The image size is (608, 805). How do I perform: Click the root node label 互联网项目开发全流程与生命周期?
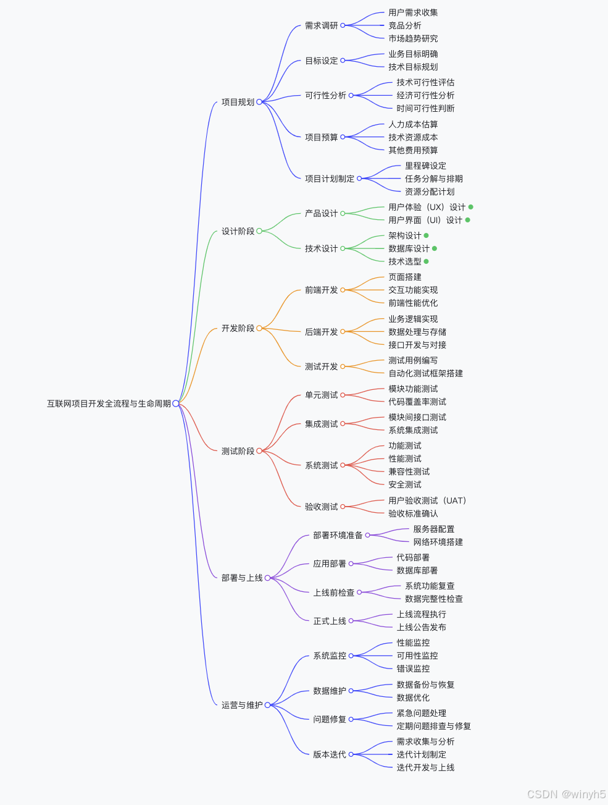pos(109,403)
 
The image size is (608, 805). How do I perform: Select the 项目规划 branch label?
pos(238,102)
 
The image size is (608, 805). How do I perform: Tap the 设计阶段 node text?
pos(238,231)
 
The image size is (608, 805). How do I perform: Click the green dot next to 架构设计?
pos(426,235)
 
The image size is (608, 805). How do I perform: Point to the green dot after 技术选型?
pos(426,261)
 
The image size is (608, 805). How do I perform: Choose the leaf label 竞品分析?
pos(404,25)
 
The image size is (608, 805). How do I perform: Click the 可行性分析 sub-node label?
pos(325,95)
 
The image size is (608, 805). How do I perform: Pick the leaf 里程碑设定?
pos(425,166)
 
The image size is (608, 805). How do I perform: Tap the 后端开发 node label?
pos(321,332)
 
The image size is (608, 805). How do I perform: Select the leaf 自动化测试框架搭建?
pos(425,373)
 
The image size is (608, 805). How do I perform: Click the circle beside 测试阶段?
pos(259,451)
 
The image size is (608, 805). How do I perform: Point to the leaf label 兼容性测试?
pos(409,471)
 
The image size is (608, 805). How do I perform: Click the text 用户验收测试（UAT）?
pos(427,500)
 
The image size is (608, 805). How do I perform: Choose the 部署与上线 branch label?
pos(242,578)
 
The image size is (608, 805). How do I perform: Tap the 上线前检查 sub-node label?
pos(333,592)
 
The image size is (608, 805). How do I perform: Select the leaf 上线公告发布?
pos(421,627)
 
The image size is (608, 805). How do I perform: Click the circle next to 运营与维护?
pos(268,705)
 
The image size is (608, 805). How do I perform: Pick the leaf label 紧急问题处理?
pos(421,713)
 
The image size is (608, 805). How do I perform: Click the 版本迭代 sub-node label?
pos(329,754)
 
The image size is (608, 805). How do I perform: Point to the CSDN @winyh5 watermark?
pos(566,794)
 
